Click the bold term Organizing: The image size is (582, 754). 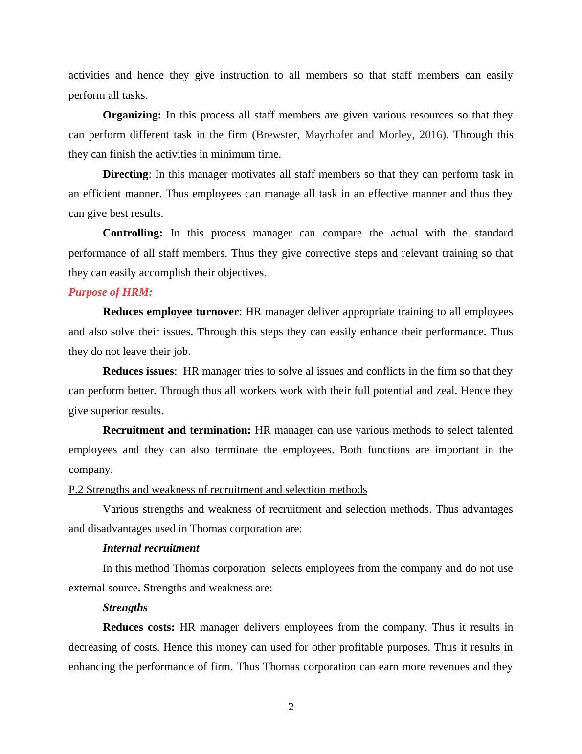click(x=132, y=115)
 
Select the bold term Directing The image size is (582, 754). click(x=125, y=174)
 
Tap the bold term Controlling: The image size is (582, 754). click(x=132, y=233)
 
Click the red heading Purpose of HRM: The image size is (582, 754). click(x=111, y=292)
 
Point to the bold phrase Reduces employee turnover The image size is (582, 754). click(x=171, y=312)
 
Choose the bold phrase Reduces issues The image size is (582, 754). click(x=138, y=371)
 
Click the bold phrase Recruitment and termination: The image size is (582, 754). click(x=177, y=430)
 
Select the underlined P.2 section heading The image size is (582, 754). click(x=218, y=490)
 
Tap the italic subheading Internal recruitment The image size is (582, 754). click(x=151, y=548)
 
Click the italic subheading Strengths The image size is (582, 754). click(x=125, y=608)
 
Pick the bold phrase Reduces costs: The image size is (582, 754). click(x=138, y=627)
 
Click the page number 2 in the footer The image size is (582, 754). click(x=291, y=707)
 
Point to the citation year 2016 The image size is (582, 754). click(x=430, y=135)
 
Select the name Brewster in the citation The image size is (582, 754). click(x=277, y=135)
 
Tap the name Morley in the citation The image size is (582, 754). click(x=395, y=135)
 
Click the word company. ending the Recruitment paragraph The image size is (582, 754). click(x=90, y=470)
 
